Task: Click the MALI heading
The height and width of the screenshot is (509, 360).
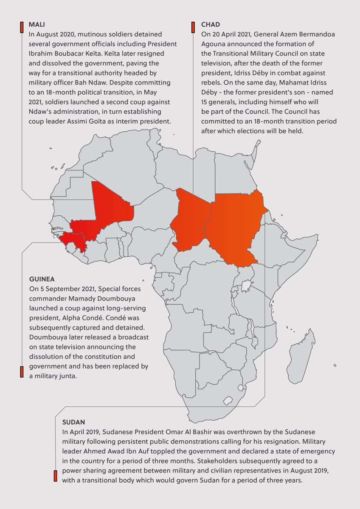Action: [x=37, y=25]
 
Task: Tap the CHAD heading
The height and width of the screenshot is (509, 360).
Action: [x=211, y=25]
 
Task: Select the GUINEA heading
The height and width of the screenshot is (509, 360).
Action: [x=42, y=279]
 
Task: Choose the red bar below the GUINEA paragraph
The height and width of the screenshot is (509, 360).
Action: [x=21, y=371]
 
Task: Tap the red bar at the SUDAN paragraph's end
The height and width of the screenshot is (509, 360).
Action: [x=55, y=476]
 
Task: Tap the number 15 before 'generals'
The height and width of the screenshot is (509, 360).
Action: [x=205, y=102]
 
